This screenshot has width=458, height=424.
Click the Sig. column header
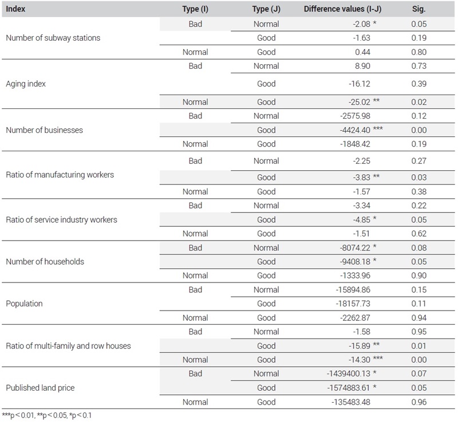418,9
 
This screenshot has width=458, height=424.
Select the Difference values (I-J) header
342,9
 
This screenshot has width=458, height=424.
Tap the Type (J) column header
266,9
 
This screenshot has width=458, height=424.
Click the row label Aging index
26,84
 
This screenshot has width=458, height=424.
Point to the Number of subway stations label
53,38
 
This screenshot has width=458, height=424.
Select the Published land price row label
40,388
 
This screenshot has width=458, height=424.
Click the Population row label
24,304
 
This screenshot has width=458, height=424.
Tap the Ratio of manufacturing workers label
60,175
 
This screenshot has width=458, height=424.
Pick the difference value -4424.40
355,130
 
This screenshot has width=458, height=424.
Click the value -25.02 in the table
360,102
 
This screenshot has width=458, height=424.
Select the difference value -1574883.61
349,388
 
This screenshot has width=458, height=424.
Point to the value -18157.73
353,304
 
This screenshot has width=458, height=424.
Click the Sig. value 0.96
419,402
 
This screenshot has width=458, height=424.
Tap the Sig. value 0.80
419,52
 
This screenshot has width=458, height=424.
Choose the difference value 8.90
362,66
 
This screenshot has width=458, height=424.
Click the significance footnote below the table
47,415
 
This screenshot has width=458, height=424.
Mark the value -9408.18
355,262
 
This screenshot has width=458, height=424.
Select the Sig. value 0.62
419,234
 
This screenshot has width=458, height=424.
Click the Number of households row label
45,262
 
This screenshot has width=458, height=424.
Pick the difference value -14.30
360,360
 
